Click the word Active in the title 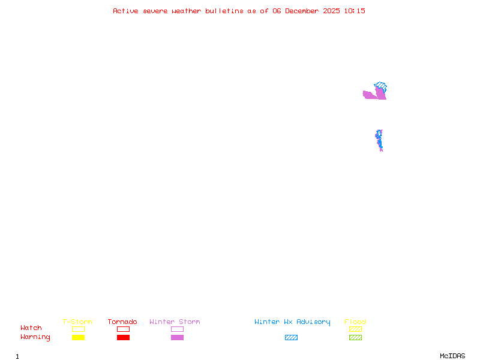tap(126, 11)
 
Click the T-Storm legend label tap(77, 322)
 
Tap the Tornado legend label tap(122, 322)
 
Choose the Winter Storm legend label tap(175, 322)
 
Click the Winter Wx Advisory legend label tap(292, 322)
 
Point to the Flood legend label tap(355, 322)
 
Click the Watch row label tap(31, 328)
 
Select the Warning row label tap(35, 337)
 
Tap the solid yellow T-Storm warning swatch tap(78, 337)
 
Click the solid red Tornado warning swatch tap(123, 337)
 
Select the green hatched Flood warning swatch tap(355, 337)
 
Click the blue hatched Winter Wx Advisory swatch tap(291, 337)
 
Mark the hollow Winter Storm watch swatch tap(177, 329)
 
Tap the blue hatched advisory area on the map tap(380, 86)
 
